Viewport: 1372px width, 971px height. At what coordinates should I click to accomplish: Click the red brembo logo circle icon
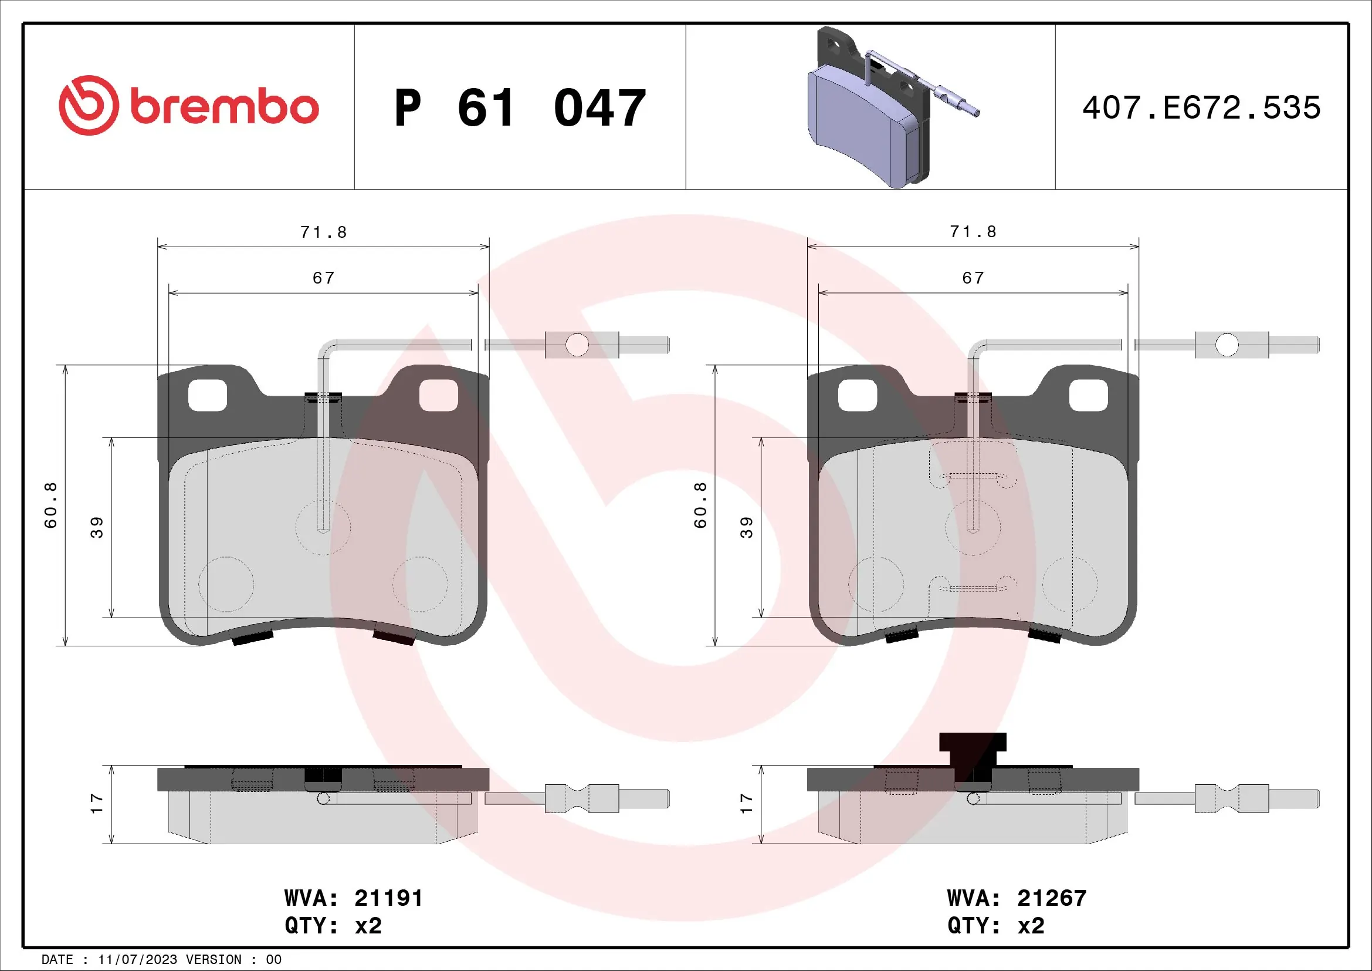89,105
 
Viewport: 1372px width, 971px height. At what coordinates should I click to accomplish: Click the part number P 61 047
520,108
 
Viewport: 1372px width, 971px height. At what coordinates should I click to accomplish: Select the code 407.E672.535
1201,107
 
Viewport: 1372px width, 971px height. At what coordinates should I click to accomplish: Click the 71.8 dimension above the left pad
323,232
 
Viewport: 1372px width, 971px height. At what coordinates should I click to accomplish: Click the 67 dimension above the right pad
973,278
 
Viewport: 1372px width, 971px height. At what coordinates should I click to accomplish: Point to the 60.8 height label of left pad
51,505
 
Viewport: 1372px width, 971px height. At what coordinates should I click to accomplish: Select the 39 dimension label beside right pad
746,527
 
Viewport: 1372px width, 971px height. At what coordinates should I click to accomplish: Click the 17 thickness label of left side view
97,803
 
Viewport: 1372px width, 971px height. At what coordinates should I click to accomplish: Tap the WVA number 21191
388,898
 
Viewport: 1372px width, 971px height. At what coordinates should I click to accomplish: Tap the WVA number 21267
1052,898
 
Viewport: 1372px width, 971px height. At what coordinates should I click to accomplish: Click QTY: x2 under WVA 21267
995,926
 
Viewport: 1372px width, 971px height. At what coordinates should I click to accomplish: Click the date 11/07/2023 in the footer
137,959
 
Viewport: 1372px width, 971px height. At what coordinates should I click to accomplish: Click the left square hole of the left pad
207,396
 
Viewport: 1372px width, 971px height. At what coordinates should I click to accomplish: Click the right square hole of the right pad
1088,396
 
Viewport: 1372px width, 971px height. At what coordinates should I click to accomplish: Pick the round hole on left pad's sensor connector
577,345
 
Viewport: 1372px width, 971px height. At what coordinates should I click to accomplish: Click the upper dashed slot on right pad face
973,476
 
